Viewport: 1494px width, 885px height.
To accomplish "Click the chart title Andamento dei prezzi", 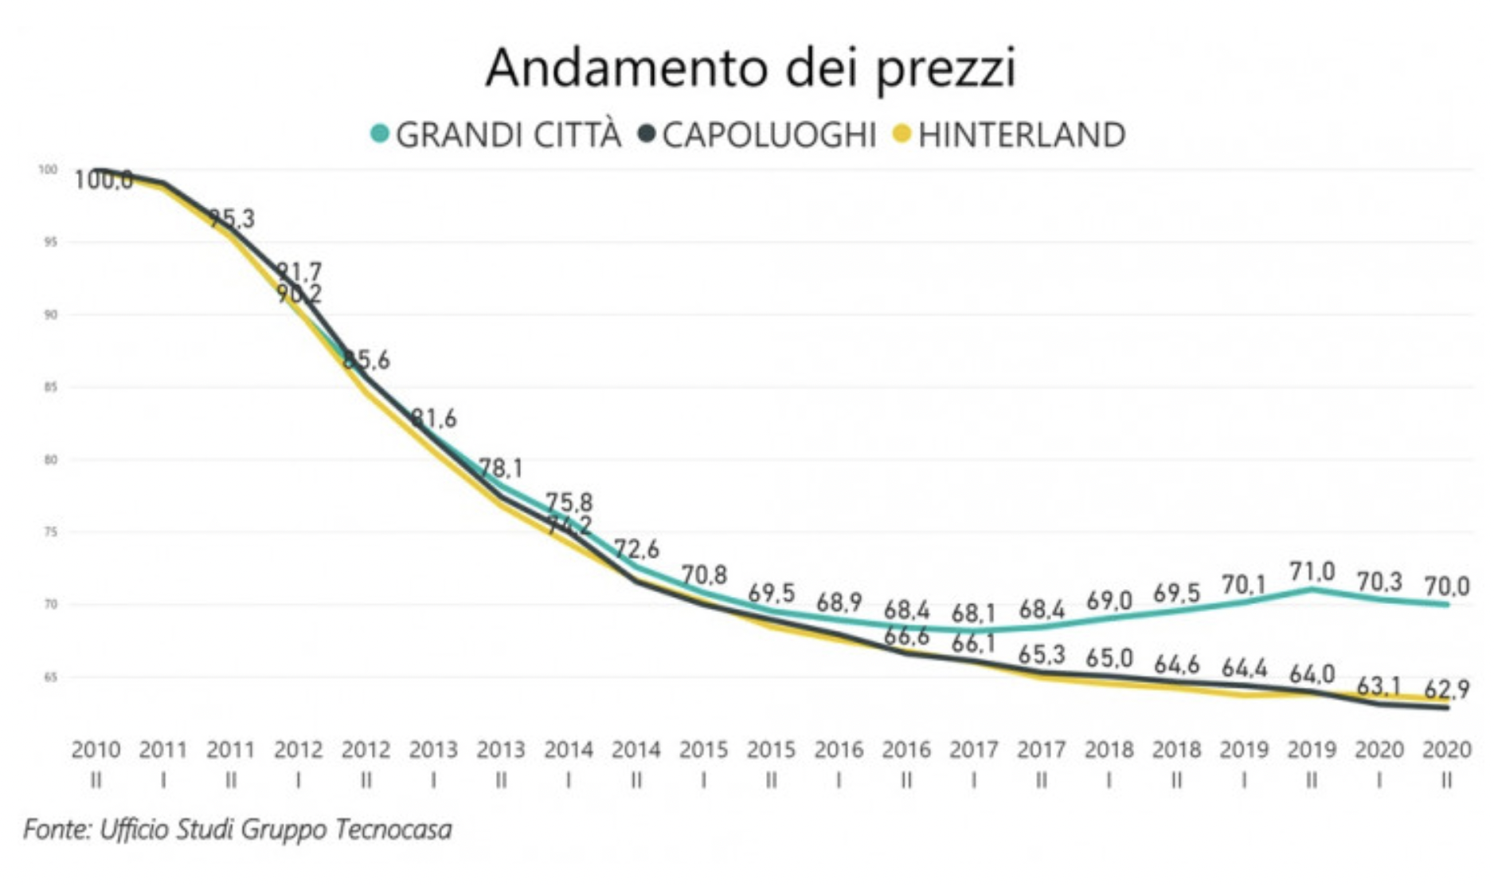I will [750, 68].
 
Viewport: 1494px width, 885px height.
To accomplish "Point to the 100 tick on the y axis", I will [48, 170].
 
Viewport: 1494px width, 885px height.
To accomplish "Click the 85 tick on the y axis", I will [50, 388].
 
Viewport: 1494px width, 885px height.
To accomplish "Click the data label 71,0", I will [1312, 571].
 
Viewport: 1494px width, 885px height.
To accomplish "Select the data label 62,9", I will [1446, 688].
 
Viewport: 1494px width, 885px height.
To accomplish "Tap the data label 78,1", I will [501, 468].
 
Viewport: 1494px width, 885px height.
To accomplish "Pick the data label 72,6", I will [636, 549].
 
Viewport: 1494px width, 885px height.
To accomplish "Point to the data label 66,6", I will [906, 636].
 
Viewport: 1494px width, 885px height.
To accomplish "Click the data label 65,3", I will [1041, 655].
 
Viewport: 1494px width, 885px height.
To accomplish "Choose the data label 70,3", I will [1379, 582].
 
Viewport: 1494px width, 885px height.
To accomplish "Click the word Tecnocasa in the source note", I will [393, 829].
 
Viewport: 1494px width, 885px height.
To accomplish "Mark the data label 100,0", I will [104, 181].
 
